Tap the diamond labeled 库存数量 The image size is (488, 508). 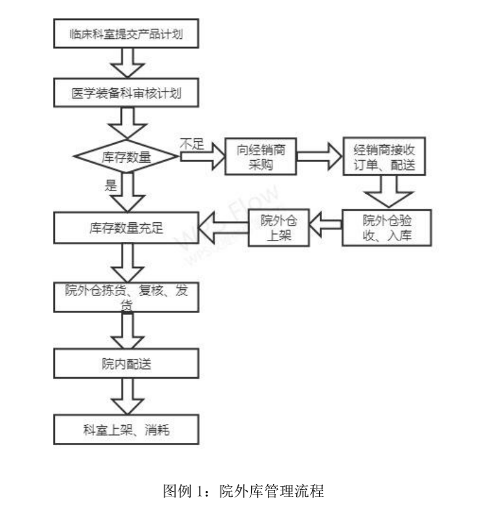click(x=126, y=157)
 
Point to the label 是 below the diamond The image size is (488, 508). click(x=110, y=186)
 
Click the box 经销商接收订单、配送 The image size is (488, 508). click(x=384, y=157)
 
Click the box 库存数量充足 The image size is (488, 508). click(x=126, y=227)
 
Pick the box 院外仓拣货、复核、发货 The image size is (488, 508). click(x=126, y=297)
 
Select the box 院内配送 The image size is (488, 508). click(x=126, y=364)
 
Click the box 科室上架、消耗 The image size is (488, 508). click(x=126, y=430)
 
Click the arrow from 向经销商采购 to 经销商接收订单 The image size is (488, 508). click(x=318, y=157)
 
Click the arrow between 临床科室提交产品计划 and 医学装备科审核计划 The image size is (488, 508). click(x=127, y=63)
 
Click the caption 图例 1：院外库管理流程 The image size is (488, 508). click(x=243, y=490)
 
